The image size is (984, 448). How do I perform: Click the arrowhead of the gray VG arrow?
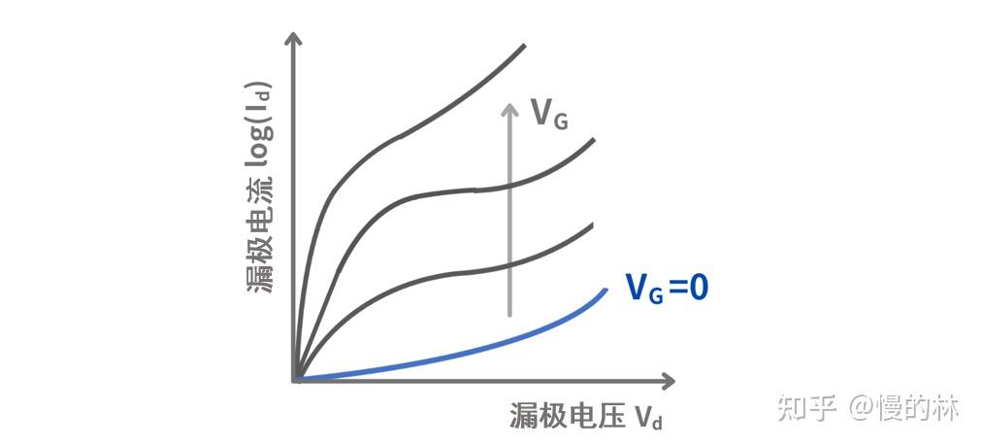[508, 106]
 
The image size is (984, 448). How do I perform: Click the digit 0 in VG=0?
[698, 288]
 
